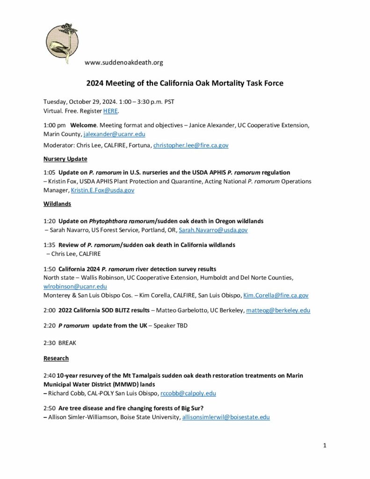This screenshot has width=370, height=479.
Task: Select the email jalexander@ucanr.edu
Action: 114,134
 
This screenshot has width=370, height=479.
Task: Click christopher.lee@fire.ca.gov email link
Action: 191,145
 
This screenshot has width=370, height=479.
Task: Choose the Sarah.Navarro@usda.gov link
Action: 213,230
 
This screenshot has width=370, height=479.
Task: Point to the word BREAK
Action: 67,343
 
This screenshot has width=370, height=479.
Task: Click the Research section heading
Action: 56,358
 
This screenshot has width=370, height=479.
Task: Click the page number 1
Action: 324,445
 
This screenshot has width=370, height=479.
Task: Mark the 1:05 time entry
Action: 49,173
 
